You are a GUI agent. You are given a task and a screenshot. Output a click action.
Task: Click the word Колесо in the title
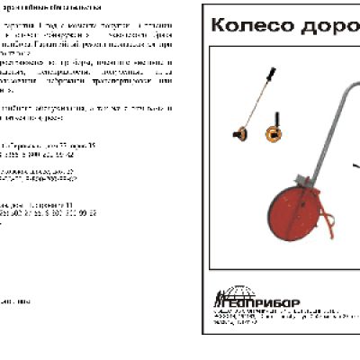click(x=244, y=26)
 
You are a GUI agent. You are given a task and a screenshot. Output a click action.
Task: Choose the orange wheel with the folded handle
click(x=273, y=134)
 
